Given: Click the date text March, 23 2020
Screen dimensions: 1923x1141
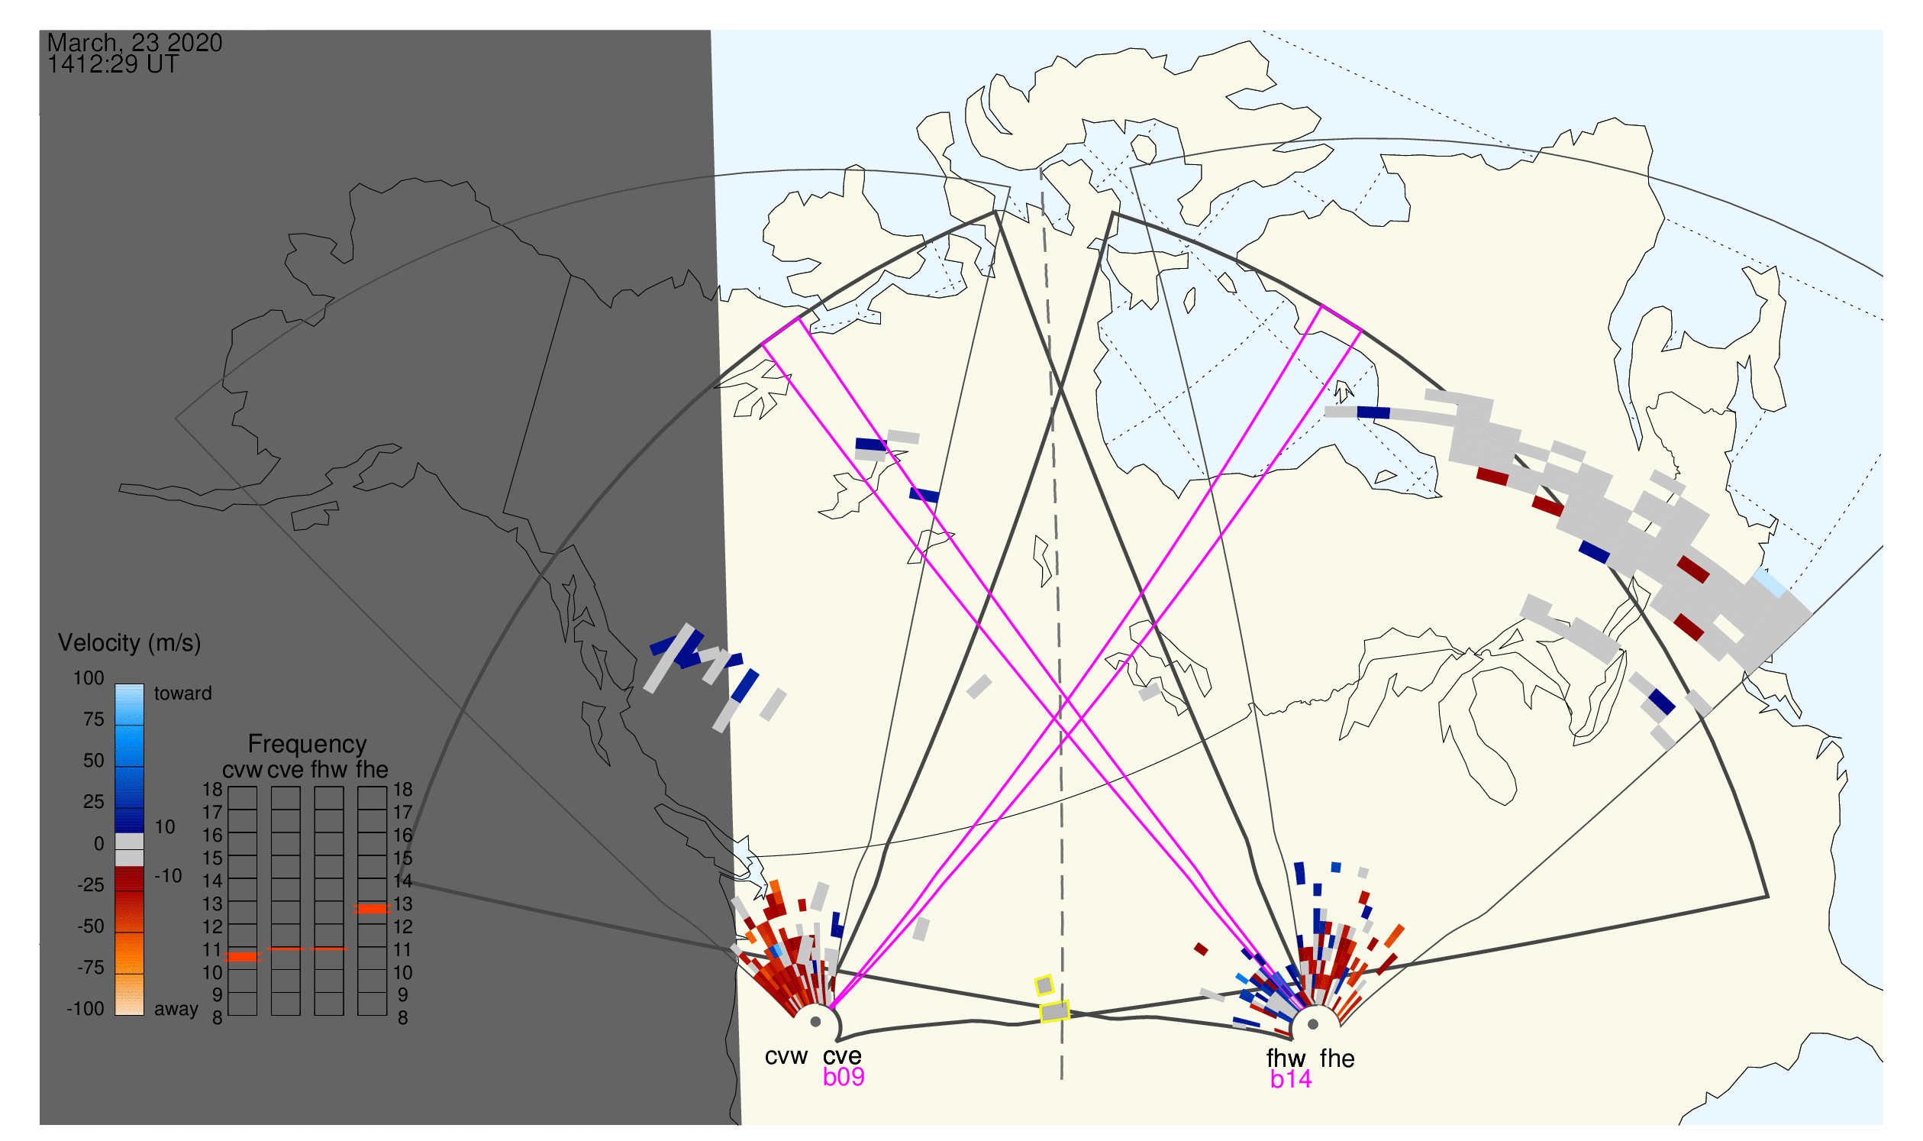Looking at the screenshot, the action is tap(134, 42).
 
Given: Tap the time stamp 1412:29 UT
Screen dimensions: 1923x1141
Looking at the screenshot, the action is tap(113, 65).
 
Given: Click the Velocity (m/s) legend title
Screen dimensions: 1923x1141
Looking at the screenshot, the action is tap(129, 644).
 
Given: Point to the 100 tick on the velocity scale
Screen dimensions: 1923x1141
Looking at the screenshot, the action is tap(89, 678).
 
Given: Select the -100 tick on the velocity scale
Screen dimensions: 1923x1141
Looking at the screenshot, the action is tap(86, 1009).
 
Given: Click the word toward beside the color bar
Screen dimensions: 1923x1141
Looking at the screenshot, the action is tap(183, 693).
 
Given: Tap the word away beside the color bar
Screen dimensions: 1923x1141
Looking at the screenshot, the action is tap(176, 1010).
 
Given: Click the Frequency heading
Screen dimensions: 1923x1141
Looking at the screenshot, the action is tap(308, 745).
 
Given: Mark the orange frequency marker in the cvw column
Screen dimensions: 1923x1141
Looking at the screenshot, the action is tap(243, 957).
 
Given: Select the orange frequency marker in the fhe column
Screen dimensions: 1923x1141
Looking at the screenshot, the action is tap(372, 909).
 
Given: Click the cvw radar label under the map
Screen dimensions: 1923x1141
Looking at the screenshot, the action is tap(786, 1056).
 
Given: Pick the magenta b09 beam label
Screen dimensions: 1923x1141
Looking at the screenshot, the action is tap(844, 1077).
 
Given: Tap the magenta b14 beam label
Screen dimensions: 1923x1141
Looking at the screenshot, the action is tap(1291, 1080).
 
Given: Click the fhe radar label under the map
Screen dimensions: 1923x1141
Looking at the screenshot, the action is tap(1337, 1059).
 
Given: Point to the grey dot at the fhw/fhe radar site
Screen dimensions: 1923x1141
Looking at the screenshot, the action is tap(1314, 1025).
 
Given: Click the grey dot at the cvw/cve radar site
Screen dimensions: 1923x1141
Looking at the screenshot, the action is tap(816, 1023).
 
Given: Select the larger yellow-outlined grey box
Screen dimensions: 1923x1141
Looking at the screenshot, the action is tap(1055, 1012).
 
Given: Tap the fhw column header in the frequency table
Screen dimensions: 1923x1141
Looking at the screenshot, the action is tap(328, 771).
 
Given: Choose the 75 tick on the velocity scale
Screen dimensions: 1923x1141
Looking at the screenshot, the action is tap(93, 719).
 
